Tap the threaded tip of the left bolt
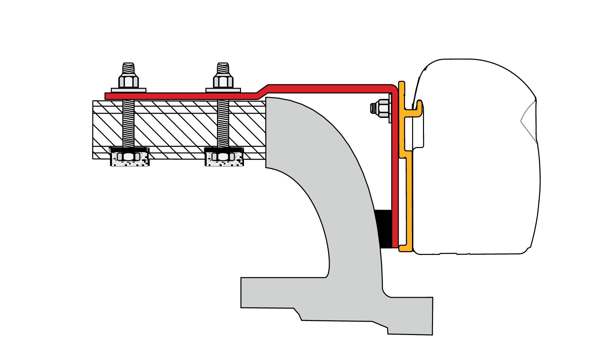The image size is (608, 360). coord(128,69)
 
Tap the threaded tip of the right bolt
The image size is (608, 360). coord(223,69)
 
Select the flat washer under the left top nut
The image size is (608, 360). coord(129,90)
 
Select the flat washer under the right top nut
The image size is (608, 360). coord(223,90)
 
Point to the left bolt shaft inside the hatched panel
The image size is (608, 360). coord(129,123)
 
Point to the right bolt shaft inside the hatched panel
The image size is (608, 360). coord(223,123)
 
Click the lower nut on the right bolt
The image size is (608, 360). coord(223,156)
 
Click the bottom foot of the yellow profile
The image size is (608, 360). coord(406,248)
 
